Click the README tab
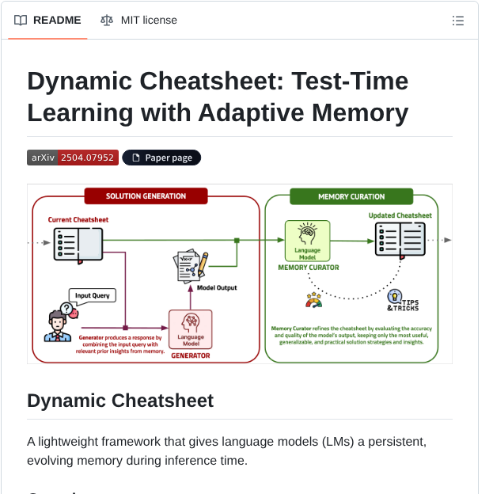(48, 20)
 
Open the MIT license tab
(138, 20)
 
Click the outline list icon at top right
(457, 21)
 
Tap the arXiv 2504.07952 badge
(72, 158)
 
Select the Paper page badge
(161, 158)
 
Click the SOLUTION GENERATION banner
(146, 196)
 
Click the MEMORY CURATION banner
(351, 196)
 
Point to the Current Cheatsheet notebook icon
(77, 243)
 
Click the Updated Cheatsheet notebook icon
(400, 238)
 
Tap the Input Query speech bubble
(92, 296)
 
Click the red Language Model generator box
(191, 329)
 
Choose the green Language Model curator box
(307, 241)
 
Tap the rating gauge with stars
(313, 301)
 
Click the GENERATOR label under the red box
(191, 355)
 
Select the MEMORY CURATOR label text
(308, 268)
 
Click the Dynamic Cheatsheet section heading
(120, 401)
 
